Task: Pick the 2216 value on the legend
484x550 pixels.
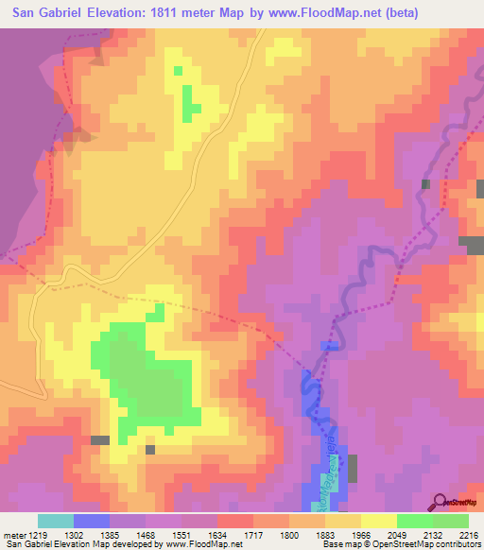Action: point(467,534)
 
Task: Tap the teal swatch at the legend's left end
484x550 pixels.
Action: point(55,520)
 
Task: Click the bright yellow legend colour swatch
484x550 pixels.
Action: point(377,520)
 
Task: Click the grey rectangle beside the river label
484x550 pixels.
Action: point(353,468)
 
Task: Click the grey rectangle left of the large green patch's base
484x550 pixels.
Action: point(99,440)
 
